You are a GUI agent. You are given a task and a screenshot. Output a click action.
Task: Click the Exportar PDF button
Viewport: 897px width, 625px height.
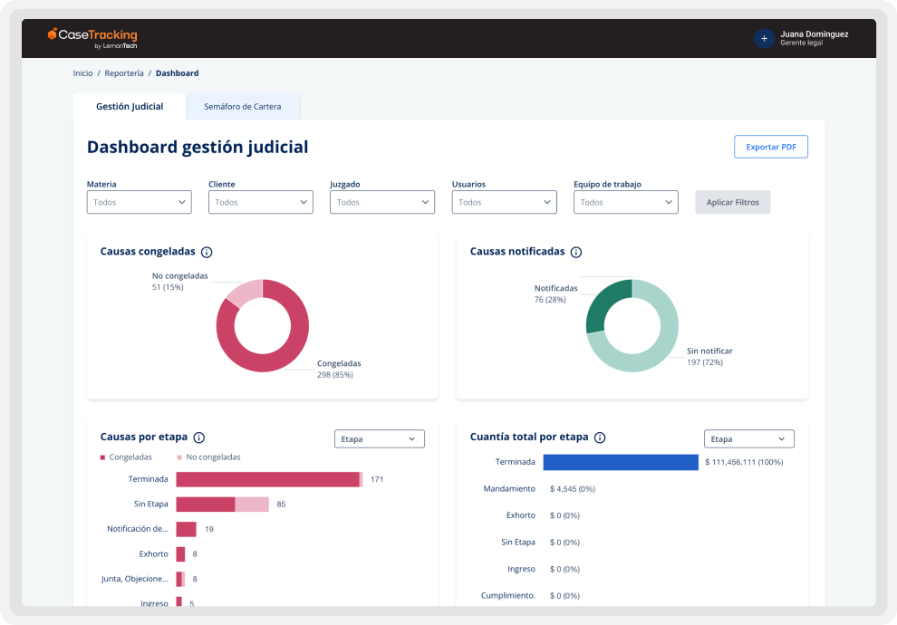[770, 147]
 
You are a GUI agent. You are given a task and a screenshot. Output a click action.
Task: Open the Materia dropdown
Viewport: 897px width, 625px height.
[139, 202]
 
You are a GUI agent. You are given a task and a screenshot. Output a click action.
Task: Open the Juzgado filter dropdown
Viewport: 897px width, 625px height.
[381, 202]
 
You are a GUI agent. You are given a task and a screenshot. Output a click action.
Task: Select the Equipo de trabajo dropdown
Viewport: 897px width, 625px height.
[625, 202]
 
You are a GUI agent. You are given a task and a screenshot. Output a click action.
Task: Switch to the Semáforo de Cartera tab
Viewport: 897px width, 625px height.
[242, 107]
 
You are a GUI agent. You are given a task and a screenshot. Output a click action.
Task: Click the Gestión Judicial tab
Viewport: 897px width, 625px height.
[130, 107]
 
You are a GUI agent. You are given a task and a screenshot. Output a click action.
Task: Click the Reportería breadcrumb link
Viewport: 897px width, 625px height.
[124, 73]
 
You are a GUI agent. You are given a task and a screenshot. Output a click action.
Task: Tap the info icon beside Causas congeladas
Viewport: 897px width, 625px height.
[207, 253]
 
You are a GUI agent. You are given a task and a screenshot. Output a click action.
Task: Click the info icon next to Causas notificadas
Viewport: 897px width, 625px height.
[575, 253]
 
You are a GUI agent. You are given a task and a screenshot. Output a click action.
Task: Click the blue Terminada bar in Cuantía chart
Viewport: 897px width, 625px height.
[620, 462]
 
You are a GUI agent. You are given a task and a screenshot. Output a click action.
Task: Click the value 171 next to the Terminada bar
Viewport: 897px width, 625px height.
[377, 479]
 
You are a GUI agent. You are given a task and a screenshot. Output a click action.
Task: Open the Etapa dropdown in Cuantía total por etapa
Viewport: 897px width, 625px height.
[748, 439]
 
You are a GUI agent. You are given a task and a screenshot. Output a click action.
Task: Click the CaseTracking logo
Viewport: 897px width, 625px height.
[92, 37]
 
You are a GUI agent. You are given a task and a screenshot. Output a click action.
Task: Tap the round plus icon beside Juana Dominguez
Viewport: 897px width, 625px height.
[764, 38]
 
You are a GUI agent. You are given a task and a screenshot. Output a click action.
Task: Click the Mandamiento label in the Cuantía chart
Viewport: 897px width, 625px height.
[509, 489]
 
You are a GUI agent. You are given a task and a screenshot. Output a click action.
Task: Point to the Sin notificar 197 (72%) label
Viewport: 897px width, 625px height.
[709, 357]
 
